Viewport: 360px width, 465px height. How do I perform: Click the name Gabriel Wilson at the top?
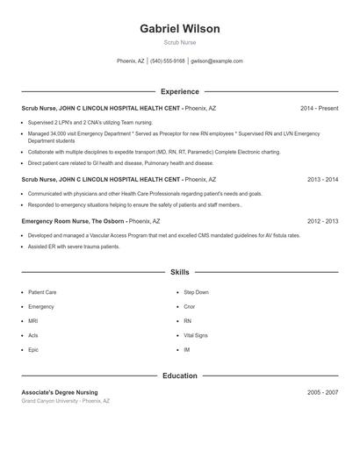point(179,29)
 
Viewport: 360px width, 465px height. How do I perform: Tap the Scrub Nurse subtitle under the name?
point(179,42)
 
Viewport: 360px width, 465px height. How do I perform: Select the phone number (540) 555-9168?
point(167,61)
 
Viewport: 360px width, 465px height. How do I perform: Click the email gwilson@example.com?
point(216,61)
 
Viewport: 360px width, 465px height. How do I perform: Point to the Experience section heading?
point(179,91)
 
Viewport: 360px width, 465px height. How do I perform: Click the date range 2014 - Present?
point(319,108)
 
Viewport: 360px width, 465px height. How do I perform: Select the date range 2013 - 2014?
point(322,179)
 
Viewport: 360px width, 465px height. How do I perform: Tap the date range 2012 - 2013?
point(322,221)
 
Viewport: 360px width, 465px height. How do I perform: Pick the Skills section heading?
point(179,273)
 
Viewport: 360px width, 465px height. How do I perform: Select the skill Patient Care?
point(42,292)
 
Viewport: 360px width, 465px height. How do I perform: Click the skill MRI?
point(33,321)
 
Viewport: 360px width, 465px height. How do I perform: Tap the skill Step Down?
point(196,292)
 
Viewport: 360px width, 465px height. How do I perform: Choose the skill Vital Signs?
point(196,335)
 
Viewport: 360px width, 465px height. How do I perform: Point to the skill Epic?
point(33,350)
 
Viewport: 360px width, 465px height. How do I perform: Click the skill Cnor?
point(190,307)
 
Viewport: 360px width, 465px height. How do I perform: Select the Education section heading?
point(179,376)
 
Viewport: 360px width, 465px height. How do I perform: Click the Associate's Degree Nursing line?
point(60,392)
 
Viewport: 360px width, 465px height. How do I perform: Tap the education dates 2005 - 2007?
point(322,392)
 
